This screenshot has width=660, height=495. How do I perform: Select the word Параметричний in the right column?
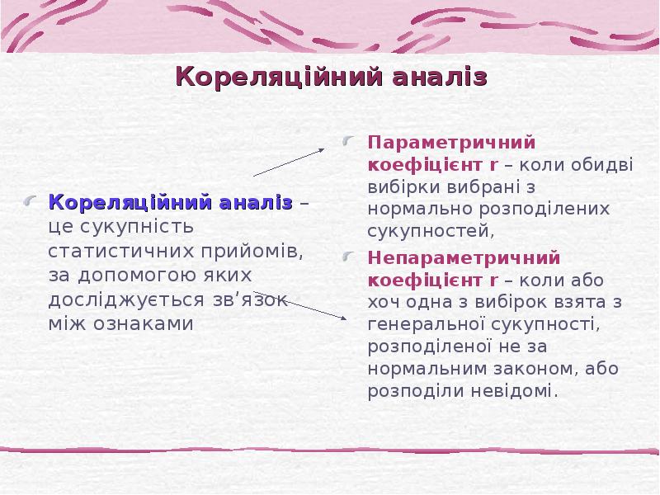pyautogui.click(x=451, y=142)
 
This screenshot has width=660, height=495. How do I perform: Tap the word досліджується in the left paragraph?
pyautogui.click(x=122, y=299)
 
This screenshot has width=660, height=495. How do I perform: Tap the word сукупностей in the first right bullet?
pyautogui.click(x=429, y=230)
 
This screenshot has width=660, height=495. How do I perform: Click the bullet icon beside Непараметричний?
pyautogui.click(x=351, y=256)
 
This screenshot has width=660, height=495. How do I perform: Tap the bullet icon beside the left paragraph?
pyautogui.click(x=31, y=201)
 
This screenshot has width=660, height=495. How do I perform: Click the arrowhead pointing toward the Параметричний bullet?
pyautogui.click(x=321, y=149)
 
